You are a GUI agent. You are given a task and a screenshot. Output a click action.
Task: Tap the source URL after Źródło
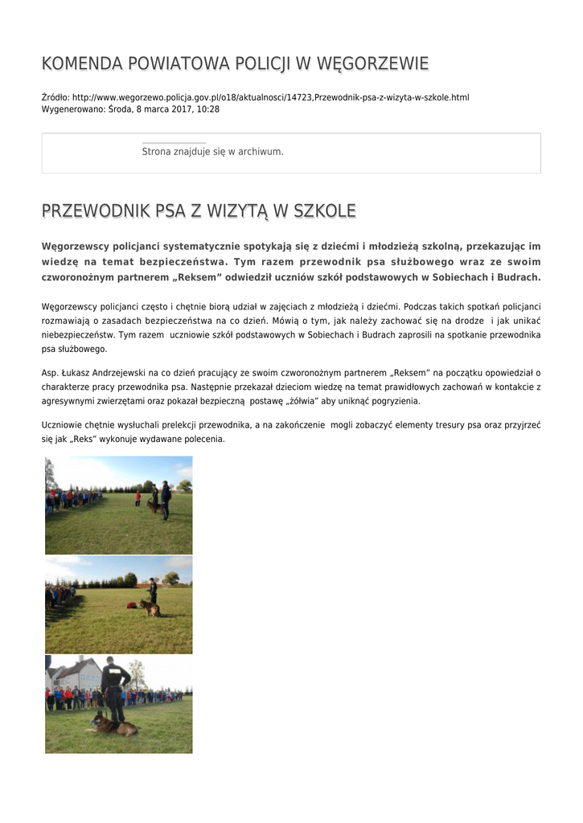[271, 98]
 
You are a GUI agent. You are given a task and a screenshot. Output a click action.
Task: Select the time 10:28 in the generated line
[208, 109]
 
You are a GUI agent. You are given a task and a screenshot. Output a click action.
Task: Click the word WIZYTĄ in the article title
[236, 211]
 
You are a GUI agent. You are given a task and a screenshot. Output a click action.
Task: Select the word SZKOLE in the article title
[325, 211]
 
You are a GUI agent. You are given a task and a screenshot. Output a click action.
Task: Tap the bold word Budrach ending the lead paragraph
[519, 277]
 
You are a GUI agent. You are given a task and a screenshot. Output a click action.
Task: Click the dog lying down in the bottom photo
[112, 726]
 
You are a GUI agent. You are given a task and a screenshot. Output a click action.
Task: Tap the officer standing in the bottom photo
[114, 687]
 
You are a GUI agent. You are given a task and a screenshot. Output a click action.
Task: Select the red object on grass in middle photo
[131, 605]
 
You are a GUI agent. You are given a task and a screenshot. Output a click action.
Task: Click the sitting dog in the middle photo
[150, 608]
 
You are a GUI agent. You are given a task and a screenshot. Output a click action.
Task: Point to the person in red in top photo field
[138, 498]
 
